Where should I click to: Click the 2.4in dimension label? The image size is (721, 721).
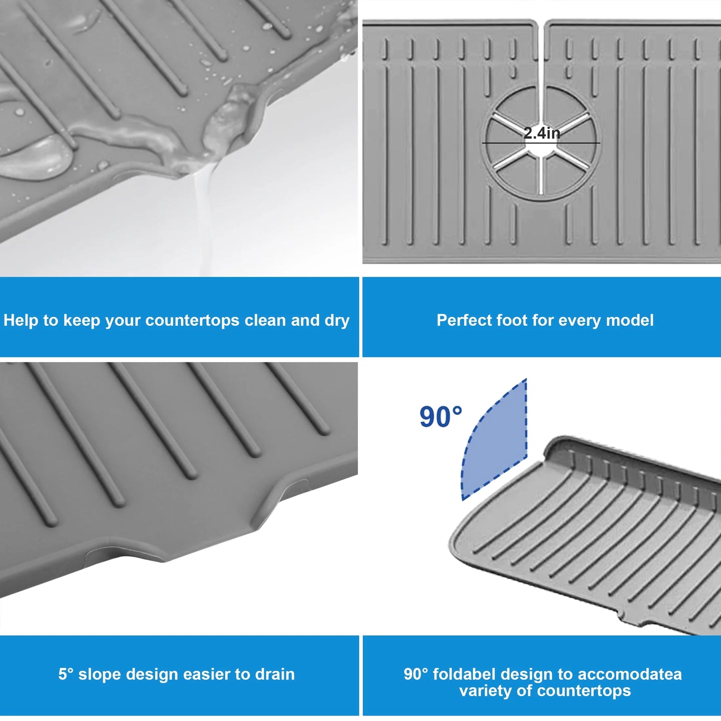click(x=541, y=133)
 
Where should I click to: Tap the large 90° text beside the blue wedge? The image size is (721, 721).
click(x=441, y=417)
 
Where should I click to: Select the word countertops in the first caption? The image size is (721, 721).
click(x=192, y=321)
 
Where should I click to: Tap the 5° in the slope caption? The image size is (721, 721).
click(x=66, y=674)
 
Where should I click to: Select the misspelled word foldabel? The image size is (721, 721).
click(x=465, y=674)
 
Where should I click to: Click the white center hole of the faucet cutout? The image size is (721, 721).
click(x=541, y=148)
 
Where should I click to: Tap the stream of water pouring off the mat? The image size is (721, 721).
click(x=204, y=221)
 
